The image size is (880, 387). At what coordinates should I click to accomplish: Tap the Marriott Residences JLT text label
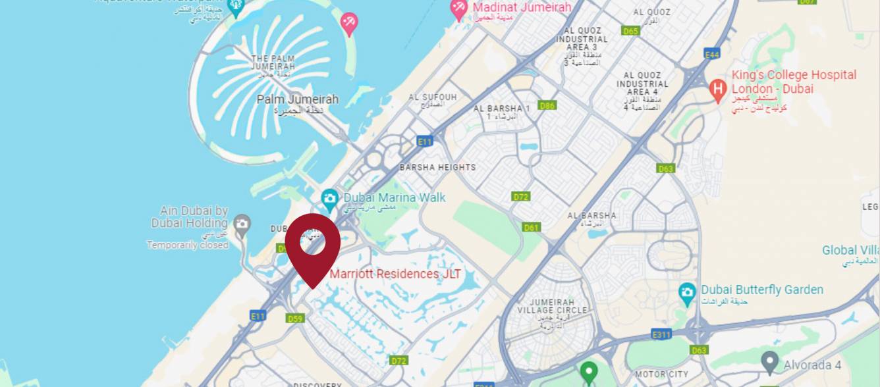tap(395, 274)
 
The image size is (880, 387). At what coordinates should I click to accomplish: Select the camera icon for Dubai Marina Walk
tap(329, 197)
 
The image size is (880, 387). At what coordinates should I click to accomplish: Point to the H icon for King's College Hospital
tap(718, 87)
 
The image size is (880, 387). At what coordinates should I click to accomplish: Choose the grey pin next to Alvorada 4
tap(769, 363)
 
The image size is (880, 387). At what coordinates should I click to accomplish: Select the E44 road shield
tap(711, 55)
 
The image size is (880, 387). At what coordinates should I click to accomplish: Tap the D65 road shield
tap(630, 31)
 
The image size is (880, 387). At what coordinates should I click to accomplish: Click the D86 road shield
tap(547, 105)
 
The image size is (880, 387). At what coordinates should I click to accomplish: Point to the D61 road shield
tap(532, 227)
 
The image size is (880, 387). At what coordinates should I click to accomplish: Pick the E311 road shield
tap(661, 335)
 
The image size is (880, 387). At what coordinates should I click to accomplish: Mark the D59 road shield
tap(295, 319)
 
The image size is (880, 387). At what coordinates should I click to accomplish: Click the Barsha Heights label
tap(437, 167)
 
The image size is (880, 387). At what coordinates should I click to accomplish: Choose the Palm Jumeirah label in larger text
tap(297, 99)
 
